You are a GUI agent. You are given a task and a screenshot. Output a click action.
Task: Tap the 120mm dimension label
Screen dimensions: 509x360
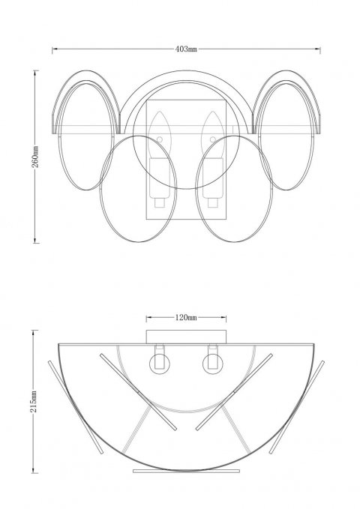(185, 318)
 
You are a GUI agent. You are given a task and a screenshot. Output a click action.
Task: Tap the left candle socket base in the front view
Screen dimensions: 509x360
(159, 187)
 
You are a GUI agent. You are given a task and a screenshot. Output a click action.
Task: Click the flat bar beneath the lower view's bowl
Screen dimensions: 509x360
(185, 472)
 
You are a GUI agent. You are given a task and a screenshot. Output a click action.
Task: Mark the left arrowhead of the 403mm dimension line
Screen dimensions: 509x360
(54, 49)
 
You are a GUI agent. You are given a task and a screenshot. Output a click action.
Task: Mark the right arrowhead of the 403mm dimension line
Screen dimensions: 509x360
(319, 49)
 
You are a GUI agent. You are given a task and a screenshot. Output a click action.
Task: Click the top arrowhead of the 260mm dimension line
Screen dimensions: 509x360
(35, 73)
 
